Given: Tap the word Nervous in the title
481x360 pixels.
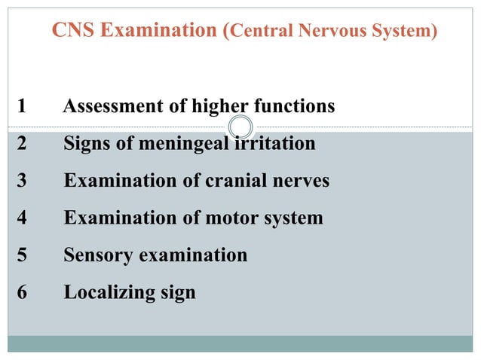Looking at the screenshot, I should tap(329, 32).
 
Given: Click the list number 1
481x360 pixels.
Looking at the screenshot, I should tap(21, 107).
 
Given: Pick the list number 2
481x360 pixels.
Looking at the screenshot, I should tap(21, 143).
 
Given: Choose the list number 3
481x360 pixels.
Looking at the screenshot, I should tap(21, 181).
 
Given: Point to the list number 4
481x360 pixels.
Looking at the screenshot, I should tap(21, 218).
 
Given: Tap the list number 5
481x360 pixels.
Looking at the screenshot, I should tap(21, 255).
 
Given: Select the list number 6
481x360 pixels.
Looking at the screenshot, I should tap(21, 291).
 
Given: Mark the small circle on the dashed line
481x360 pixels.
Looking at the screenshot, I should tap(239, 127).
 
